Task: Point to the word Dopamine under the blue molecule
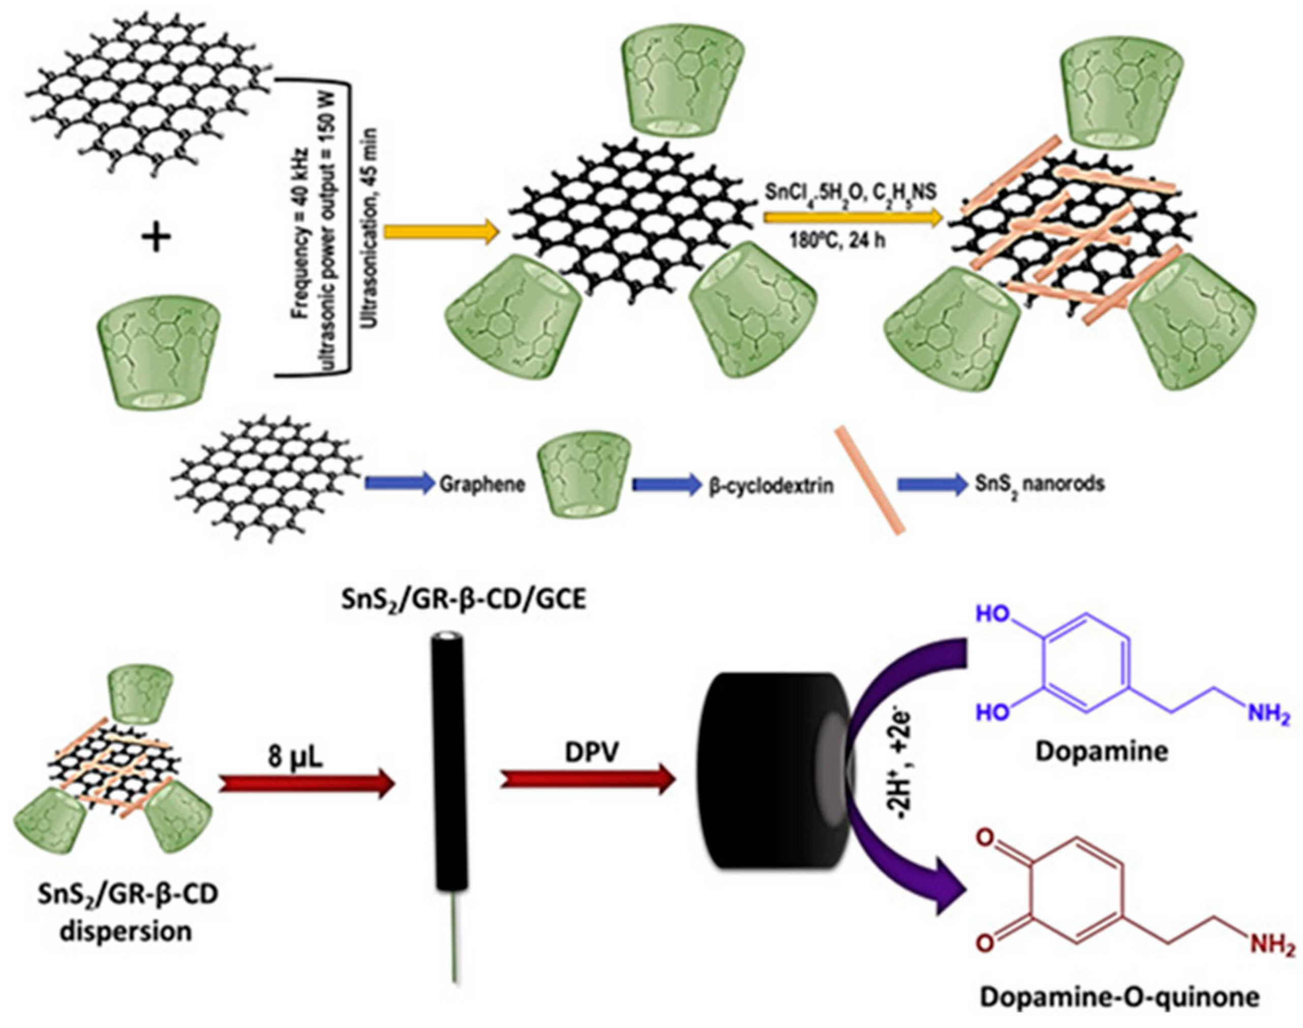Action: pyautogui.click(x=1101, y=752)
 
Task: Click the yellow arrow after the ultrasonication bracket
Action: pyautogui.click(x=442, y=232)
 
